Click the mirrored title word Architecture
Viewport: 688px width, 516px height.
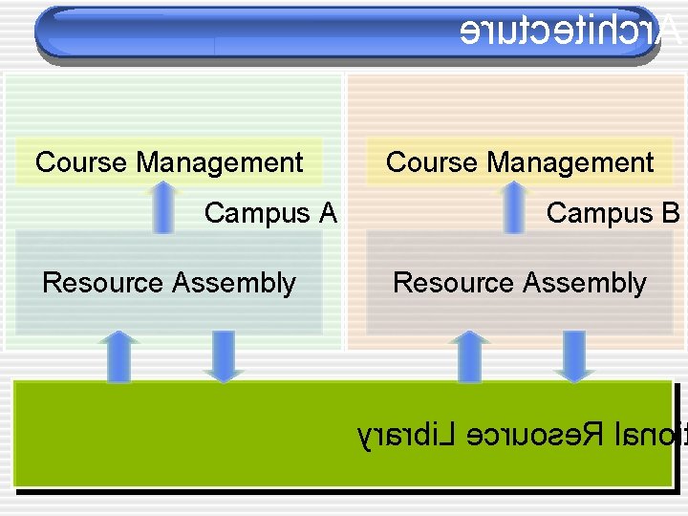coord(570,31)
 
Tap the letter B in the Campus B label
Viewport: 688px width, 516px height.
coord(669,212)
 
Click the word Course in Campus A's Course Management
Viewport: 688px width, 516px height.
coord(81,162)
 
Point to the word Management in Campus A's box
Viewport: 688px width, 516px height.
coord(220,162)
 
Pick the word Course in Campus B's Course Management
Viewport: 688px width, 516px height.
coord(432,162)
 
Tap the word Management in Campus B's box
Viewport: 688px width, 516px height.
coord(570,162)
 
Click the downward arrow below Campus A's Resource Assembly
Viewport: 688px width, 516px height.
coord(224,355)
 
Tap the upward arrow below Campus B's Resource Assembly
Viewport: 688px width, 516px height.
coord(469,355)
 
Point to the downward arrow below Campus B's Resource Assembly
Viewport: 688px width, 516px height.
coord(574,355)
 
